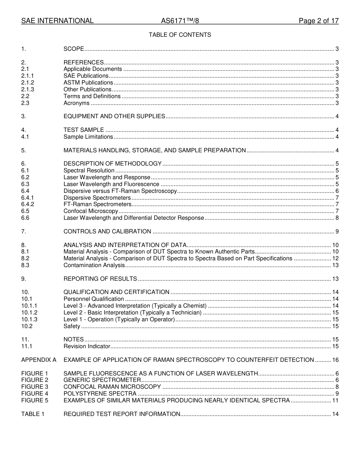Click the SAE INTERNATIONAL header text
coord(57,21)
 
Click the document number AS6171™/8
coord(180,21)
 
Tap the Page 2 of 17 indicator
coord(318,21)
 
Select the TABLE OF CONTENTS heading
coord(180,35)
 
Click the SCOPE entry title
coord(74,49)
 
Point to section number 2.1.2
coord(28,83)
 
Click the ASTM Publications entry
coord(88,83)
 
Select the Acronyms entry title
coord(77,103)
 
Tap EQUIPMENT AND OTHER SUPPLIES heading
coord(114,116)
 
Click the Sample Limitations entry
coord(88,137)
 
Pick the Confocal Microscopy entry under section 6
coord(91,211)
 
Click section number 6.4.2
coord(28,204)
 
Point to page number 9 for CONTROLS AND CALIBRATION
coord(337,231)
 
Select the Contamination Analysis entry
coord(94,265)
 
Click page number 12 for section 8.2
coord(335,258)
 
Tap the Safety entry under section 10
coord(72,326)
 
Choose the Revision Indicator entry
coord(87,346)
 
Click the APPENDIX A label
coord(39,360)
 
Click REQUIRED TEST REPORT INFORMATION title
coord(122,414)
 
